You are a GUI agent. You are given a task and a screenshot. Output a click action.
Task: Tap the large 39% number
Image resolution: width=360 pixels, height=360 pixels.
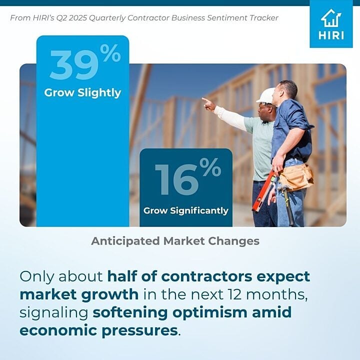[x=85, y=62]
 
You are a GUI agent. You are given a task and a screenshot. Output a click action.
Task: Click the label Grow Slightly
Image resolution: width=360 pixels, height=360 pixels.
[x=82, y=93]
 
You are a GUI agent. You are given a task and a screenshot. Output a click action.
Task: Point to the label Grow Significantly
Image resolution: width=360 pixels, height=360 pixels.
[x=186, y=210]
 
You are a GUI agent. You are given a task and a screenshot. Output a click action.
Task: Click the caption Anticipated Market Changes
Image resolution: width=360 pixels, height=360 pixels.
[x=175, y=241]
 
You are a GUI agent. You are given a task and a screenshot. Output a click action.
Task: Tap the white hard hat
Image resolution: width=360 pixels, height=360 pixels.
[x=265, y=95]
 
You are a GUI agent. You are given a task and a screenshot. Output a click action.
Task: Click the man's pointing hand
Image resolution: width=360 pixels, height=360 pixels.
[x=208, y=104]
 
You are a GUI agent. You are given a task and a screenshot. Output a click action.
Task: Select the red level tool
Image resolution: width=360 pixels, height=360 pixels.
[x=263, y=191]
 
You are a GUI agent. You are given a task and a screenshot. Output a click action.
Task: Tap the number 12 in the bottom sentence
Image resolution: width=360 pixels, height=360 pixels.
[x=234, y=294]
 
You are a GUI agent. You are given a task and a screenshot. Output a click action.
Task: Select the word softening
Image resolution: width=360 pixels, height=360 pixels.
[x=130, y=312]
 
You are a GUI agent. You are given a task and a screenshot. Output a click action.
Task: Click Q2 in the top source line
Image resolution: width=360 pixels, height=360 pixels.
[x=61, y=18]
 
